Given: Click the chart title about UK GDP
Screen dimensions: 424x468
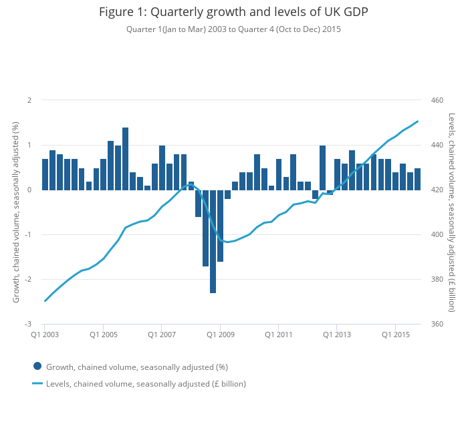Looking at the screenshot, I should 233,12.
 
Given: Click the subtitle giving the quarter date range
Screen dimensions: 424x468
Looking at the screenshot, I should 233,29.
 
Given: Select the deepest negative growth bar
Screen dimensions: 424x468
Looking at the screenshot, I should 213,241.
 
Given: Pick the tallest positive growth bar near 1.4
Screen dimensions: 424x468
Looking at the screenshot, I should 125,158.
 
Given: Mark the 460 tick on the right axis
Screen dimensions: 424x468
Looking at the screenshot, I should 437,100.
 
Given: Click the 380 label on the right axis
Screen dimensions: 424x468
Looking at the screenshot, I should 437,279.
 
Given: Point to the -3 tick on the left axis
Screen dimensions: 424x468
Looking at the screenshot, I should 28,324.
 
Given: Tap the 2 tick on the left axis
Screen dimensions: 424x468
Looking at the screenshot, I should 29,100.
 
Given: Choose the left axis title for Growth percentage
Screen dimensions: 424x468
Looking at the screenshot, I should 16,212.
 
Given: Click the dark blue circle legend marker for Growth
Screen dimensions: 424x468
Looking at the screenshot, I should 37,366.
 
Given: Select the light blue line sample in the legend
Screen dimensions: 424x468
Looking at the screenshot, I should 37,383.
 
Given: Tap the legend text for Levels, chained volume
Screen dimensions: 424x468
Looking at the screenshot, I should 146,383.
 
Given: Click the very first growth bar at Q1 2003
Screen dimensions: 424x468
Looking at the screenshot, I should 45,174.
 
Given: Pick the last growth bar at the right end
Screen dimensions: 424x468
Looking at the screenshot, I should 418,179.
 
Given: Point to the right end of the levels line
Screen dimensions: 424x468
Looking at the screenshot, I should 418,122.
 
